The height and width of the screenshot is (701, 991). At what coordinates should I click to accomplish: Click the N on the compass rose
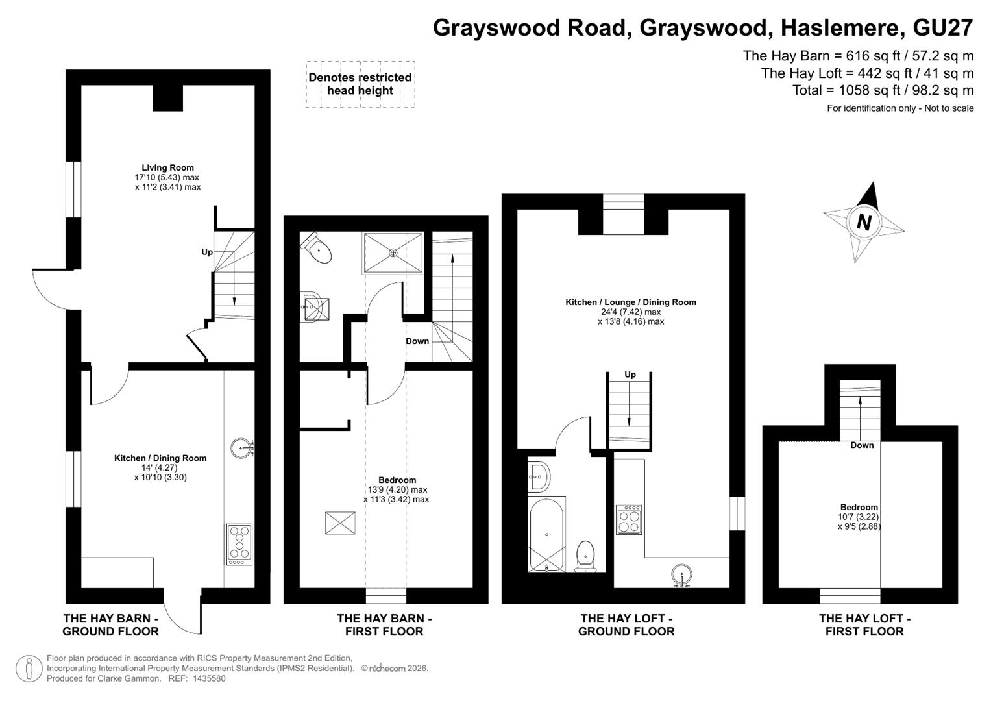pos(864,222)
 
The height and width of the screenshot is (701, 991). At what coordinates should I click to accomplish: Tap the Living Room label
pos(167,167)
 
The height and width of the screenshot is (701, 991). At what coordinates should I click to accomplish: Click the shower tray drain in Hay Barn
pos(393,252)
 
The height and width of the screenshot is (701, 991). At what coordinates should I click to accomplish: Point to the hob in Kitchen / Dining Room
pos(239,545)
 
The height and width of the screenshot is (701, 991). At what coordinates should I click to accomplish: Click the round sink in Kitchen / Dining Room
pos(242,448)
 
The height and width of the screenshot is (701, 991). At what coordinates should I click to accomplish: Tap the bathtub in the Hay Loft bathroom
pos(546,535)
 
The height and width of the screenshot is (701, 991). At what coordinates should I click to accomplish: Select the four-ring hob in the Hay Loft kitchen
pos(629,519)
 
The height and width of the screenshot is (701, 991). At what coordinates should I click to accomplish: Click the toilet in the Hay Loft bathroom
pos(585,556)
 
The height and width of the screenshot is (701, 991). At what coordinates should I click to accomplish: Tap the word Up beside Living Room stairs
pos(207,252)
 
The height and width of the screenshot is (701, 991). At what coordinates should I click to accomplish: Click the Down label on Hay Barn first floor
pos(417,341)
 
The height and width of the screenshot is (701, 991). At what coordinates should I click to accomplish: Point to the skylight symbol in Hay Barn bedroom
pos(340,523)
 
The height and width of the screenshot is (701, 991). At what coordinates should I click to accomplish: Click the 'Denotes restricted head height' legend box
pos(361,84)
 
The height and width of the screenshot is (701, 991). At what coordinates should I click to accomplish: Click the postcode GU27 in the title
pos(943,28)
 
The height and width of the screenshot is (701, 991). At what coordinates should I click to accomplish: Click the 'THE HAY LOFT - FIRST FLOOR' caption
pos(864,625)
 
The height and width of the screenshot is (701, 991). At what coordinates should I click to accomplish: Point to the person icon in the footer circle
pos(29,668)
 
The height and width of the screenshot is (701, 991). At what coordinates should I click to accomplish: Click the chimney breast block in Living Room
pos(167,98)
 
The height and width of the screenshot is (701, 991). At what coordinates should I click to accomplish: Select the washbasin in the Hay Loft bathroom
pos(539,477)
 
